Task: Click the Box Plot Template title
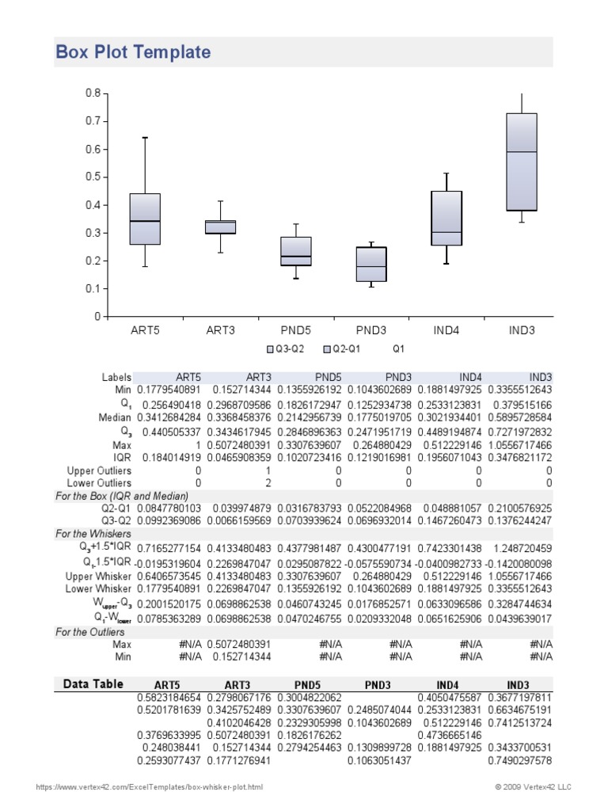(133, 53)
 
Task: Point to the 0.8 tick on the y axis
(93, 93)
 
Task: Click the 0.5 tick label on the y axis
(93, 177)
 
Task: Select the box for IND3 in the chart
(522, 162)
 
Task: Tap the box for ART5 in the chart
(145, 219)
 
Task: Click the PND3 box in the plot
(371, 265)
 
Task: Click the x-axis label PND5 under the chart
(296, 329)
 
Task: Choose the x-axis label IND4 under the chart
(446, 329)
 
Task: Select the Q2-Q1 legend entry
(345, 348)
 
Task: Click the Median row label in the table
(114, 417)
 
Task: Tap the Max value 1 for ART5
(197, 444)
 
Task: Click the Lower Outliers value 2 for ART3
(267, 482)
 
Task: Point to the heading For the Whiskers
(94, 534)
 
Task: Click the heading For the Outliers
(90, 632)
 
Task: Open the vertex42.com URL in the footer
(150, 787)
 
